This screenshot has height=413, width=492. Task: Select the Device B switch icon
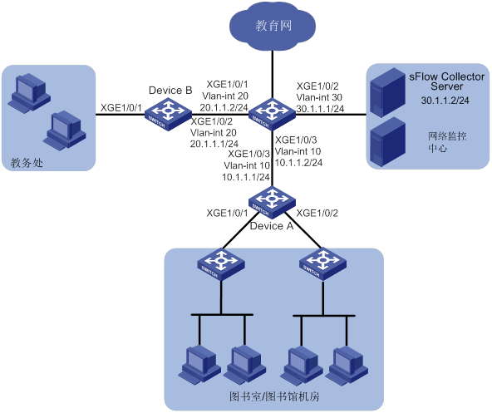168,114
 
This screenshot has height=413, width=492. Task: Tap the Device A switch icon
272,202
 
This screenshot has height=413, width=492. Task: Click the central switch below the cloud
272,114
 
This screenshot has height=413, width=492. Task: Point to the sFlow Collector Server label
446,81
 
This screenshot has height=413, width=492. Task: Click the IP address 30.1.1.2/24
445,101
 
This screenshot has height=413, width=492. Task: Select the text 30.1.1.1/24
320,109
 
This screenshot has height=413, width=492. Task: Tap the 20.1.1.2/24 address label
224,107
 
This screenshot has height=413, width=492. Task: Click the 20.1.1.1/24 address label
214,144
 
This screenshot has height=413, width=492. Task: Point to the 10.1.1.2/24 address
298,162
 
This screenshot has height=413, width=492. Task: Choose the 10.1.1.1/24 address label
246,177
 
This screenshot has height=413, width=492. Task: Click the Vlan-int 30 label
319,97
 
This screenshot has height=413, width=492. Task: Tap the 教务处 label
27,163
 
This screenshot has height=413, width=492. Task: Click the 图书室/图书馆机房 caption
274,396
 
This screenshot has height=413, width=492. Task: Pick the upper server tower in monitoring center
387,92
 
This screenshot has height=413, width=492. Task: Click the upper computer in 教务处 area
29,93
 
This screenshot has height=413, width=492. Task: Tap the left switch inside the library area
221,264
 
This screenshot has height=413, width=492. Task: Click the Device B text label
170,91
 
